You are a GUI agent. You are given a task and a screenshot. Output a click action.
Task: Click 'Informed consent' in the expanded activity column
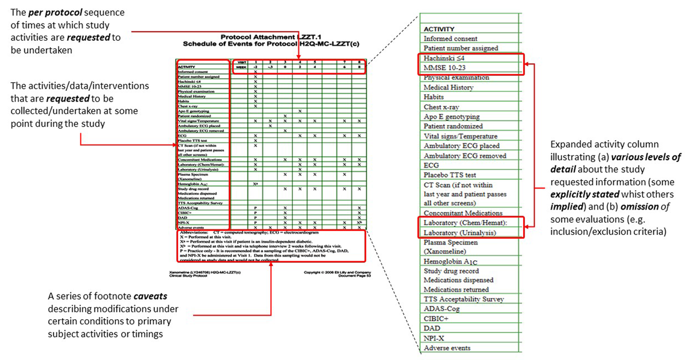click(450, 38)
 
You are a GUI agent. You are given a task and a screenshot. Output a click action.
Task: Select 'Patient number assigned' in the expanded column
click(460, 48)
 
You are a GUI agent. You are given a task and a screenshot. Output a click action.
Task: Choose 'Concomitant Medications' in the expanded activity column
click(463, 213)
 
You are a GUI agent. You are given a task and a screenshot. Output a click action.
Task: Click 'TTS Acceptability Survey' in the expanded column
click(463, 299)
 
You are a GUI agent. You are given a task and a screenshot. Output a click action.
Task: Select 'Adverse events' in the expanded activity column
click(447, 348)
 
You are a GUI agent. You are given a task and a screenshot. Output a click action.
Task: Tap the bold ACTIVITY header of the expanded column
click(439, 29)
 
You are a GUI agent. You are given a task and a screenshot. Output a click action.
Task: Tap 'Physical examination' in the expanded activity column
click(456, 78)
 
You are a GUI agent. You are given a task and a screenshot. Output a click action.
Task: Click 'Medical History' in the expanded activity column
click(448, 87)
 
